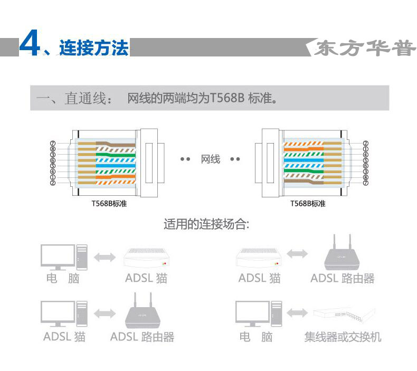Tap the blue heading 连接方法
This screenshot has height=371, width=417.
(93, 49)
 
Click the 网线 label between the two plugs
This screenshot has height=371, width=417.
(210, 159)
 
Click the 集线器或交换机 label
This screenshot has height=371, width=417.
(343, 337)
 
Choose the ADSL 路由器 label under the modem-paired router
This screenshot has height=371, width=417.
(342, 278)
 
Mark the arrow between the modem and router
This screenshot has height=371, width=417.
(298, 254)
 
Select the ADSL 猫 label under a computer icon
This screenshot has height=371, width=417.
(64, 337)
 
